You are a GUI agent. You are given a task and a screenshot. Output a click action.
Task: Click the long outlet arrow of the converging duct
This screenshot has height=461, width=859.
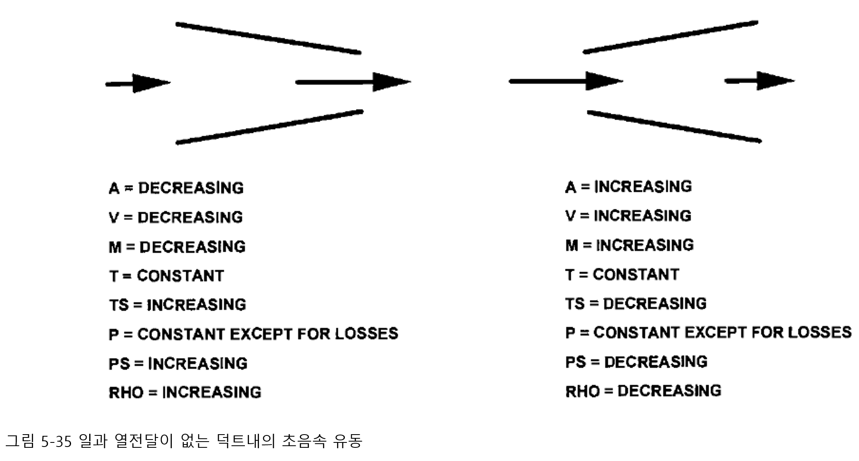point(353,82)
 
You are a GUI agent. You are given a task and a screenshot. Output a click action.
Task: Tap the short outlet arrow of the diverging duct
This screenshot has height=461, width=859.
point(760,80)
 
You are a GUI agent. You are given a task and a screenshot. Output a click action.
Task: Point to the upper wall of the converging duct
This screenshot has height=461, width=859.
point(268,38)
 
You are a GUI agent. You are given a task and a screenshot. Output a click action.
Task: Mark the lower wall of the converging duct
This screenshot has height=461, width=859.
point(270,127)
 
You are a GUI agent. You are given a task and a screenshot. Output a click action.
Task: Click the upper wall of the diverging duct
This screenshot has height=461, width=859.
point(670,37)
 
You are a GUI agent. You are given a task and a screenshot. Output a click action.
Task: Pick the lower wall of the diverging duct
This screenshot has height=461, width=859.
point(674,126)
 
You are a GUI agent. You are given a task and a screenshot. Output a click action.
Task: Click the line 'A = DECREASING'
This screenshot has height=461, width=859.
point(176,188)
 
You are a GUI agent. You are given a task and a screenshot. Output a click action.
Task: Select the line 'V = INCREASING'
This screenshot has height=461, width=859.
point(628,215)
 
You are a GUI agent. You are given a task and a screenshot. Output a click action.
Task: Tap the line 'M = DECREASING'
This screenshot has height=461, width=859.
point(177,247)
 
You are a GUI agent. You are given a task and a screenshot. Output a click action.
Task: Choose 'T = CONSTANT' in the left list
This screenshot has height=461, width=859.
point(166,276)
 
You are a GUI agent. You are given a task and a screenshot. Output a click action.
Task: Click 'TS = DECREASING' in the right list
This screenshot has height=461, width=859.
point(636,303)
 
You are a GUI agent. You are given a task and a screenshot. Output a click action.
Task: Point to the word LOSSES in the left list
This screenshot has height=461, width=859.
point(366,333)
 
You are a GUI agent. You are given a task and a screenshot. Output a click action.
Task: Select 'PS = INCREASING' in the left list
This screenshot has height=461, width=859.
point(178,363)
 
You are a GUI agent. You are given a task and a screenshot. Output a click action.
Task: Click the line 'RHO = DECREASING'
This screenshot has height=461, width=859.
point(643,390)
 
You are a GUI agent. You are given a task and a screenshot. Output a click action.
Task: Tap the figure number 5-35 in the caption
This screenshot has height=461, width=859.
point(56,441)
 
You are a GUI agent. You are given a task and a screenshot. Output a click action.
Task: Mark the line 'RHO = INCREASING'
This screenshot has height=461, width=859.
point(185,392)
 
